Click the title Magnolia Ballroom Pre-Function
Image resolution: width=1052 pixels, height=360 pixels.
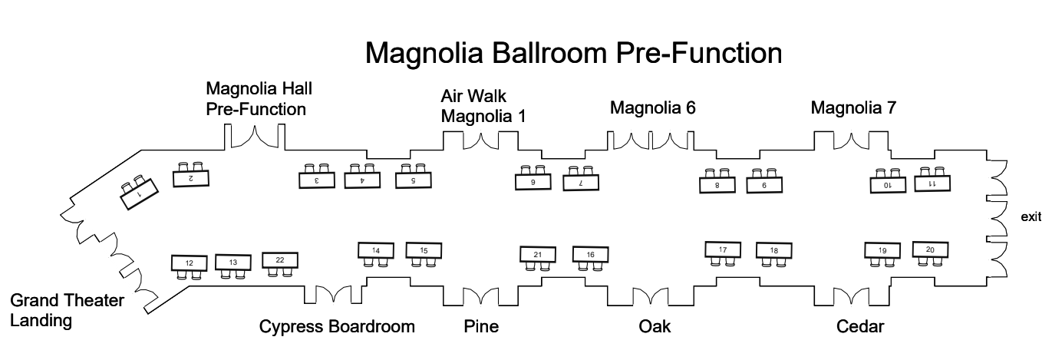[x=573, y=53]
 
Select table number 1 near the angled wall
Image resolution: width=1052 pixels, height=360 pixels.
[x=139, y=194]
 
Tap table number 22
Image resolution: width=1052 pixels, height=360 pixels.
[x=280, y=260]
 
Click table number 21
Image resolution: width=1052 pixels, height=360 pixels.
[x=538, y=255]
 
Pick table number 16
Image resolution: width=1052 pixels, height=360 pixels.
[x=590, y=254]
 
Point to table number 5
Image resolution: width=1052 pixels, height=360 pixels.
[x=414, y=180]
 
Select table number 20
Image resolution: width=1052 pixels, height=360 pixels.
[x=930, y=249]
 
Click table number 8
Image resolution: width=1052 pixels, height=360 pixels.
[x=717, y=185]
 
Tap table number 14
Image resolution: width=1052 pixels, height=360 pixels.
[x=376, y=250]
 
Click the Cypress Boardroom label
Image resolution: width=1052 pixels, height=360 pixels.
[x=337, y=326]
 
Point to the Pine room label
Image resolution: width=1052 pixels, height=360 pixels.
[x=481, y=326]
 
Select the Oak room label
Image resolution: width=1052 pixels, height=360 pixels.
[x=655, y=326]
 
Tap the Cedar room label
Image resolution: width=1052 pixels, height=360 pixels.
[x=860, y=326]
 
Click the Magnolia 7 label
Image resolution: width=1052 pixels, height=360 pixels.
[x=853, y=108]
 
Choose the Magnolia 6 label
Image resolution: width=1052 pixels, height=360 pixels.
[x=652, y=108]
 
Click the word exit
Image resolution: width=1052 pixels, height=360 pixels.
[x=1031, y=218]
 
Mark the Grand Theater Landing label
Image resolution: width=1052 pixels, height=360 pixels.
[x=67, y=310]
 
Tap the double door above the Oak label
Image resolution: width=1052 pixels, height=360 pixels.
[x=651, y=296]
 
